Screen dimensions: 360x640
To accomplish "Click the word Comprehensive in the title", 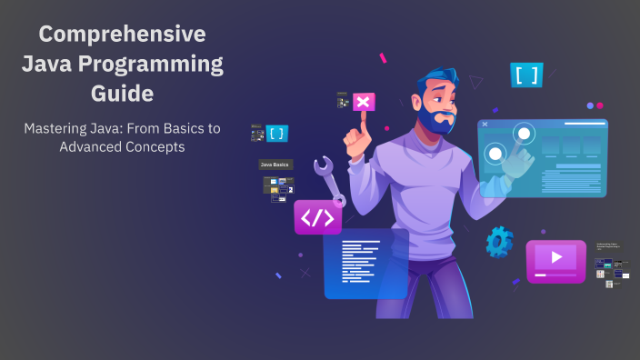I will pyautogui.click(x=122, y=35).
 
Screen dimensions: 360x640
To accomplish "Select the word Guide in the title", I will pyautogui.click(x=122, y=93).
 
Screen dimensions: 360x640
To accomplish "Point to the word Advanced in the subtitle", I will pyautogui.click(x=97, y=147).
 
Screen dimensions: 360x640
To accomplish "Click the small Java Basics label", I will pyautogui.click(x=275, y=165).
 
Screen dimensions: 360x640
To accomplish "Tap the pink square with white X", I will pyautogui.click(x=363, y=102).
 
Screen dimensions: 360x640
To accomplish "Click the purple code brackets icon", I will pyautogui.click(x=317, y=217).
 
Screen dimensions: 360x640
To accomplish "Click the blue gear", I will pyautogui.click(x=499, y=241).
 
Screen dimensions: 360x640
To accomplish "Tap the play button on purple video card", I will pyautogui.click(x=556, y=258).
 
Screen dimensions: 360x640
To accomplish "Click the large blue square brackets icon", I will pyautogui.click(x=526, y=75).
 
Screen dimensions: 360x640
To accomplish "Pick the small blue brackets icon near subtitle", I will pyautogui.click(x=276, y=134).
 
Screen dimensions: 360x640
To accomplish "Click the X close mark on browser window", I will pyautogui.click(x=485, y=124).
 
